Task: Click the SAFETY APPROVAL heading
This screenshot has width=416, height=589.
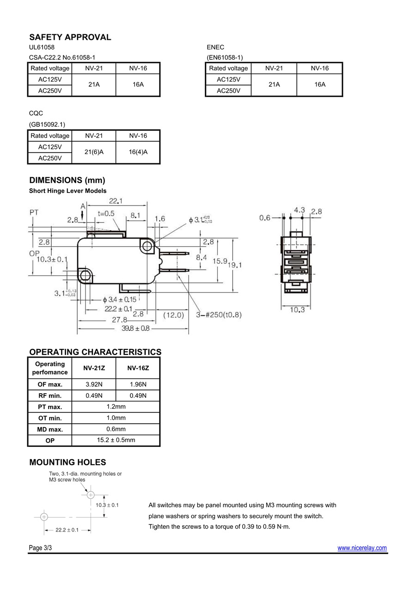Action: (x=70, y=37)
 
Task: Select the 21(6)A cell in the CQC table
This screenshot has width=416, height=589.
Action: (x=94, y=152)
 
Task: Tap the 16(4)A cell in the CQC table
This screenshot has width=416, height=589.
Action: (x=138, y=152)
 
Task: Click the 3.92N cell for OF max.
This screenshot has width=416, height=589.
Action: (x=94, y=384)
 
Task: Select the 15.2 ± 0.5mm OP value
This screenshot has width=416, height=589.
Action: (x=116, y=440)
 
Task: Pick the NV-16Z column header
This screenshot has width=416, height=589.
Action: (x=138, y=368)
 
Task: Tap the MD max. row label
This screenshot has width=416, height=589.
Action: (x=50, y=429)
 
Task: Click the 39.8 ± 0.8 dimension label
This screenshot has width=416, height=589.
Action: (x=135, y=329)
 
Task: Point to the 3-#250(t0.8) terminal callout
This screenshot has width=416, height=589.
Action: (x=219, y=315)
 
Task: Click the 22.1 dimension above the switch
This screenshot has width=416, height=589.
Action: (x=116, y=201)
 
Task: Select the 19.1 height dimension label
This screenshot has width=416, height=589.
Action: (x=234, y=265)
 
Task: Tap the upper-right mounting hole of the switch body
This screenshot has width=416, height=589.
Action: (x=147, y=247)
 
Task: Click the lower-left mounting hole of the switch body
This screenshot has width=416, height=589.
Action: (x=85, y=276)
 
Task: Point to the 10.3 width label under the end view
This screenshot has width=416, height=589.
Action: (x=297, y=310)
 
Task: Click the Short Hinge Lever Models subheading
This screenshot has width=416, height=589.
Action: (x=68, y=191)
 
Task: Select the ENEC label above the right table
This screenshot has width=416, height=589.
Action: (x=215, y=47)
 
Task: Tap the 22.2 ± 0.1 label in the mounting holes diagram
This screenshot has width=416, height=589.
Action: (x=67, y=530)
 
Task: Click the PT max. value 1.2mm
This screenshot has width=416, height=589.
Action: (x=116, y=407)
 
